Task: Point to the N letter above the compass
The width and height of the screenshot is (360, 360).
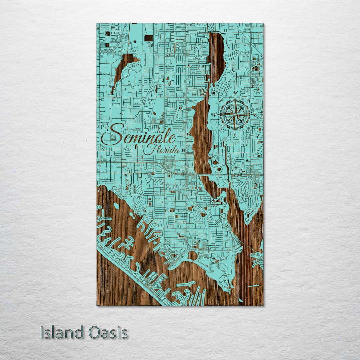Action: coord(235,93)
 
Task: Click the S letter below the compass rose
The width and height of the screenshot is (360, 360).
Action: coord(235,135)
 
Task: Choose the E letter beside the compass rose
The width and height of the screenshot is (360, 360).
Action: coord(256,115)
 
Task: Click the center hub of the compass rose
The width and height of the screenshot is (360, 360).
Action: coord(235,114)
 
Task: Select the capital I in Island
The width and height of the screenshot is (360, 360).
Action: coord(42,333)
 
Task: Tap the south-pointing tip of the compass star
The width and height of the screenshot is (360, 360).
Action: coord(235,130)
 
